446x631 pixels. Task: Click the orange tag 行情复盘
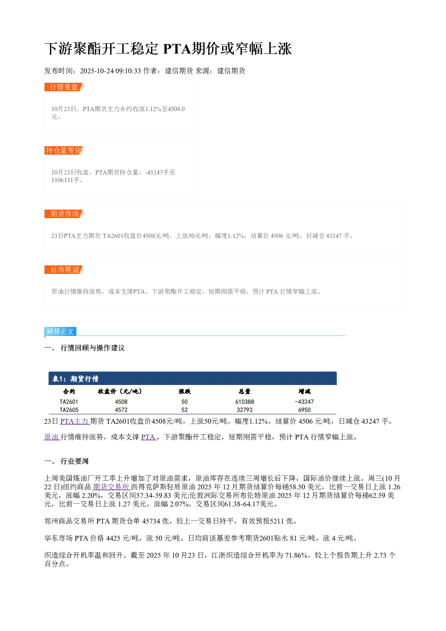pos(64,87)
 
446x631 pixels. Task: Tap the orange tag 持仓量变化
pos(64,150)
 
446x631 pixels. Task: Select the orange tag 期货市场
pos(64,214)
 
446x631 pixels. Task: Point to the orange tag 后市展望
pos(64,269)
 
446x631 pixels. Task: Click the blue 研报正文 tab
pos(60,331)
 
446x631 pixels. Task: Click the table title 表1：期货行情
pos(76,379)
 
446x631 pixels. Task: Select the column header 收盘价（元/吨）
pos(120,391)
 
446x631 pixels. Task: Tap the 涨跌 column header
pos(184,391)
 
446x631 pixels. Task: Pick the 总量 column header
pos(245,391)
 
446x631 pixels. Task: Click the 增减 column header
pos(304,391)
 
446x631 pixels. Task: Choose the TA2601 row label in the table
pos(69,402)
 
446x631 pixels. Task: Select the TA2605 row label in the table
pos(69,410)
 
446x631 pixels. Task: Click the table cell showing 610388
pos(245,402)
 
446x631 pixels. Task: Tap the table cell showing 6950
pos(304,410)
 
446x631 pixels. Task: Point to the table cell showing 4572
pos(121,410)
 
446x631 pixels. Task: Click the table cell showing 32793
pos(245,410)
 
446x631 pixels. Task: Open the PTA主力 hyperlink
pos(75,421)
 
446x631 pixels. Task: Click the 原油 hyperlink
pos(52,437)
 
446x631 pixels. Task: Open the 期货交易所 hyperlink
pos(111,487)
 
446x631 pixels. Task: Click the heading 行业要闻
pos(74,461)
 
